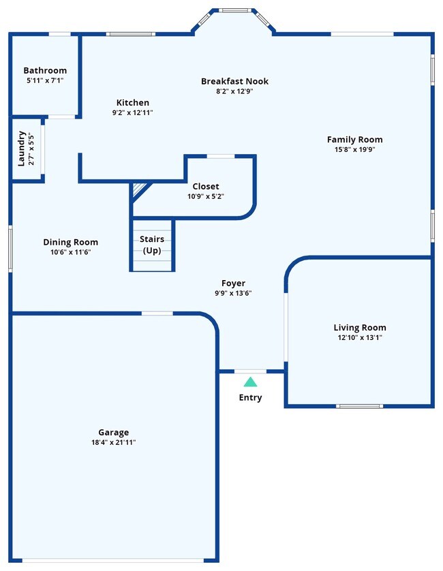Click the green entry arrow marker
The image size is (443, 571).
(250, 382)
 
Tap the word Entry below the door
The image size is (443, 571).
(250, 398)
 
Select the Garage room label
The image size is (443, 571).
(113, 432)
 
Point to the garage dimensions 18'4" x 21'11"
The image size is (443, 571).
(113, 442)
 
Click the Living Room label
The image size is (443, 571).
(360, 328)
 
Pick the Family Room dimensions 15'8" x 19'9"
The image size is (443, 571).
(354, 149)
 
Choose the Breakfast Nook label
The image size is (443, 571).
(234, 81)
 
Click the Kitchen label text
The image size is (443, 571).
(132, 103)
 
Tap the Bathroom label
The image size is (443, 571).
(45, 70)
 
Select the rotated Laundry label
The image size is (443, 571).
(22, 148)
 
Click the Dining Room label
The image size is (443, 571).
(70, 242)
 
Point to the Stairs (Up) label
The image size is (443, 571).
(152, 245)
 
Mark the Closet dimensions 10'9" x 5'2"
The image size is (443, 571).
(206, 196)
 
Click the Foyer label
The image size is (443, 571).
(233, 283)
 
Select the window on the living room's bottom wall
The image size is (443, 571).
(358, 406)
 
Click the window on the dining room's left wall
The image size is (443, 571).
(10, 249)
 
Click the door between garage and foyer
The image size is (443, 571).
(157, 313)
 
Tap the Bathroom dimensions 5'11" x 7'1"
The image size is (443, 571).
(45, 80)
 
